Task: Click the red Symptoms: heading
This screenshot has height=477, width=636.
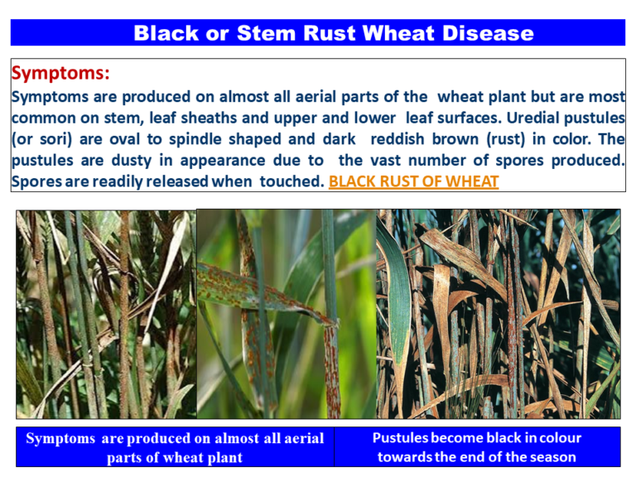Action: pyautogui.click(x=60, y=74)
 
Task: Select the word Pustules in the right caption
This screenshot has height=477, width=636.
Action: pyautogui.click(x=402, y=438)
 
